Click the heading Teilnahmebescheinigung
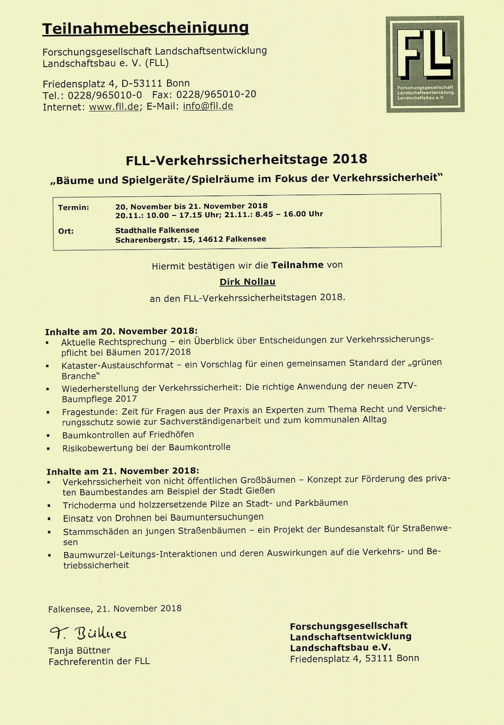[x=145, y=28]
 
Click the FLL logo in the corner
[x=425, y=64]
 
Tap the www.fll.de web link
[x=114, y=107]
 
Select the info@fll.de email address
[x=208, y=106]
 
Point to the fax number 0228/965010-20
[x=216, y=94]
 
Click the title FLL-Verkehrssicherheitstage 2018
[x=246, y=159]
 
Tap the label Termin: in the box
[x=73, y=207]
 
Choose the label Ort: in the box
[x=66, y=231]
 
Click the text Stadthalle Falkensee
[x=157, y=230]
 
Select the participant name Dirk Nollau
[x=247, y=282]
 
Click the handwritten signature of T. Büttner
[x=88, y=634]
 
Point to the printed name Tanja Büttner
[x=79, y=651]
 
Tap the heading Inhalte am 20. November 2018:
[x=121, y=331]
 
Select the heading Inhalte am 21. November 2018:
[x=122, y=471]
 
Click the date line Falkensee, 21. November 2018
[x=115, y=609]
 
